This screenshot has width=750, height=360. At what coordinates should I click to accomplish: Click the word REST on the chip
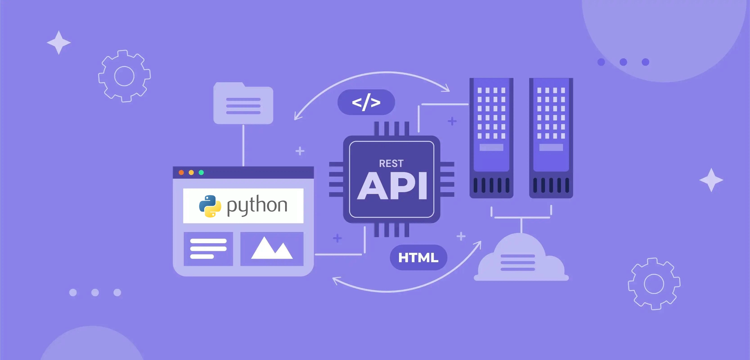391,164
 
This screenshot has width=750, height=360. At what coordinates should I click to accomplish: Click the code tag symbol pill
366,102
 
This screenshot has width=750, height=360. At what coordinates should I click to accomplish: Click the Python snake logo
210,206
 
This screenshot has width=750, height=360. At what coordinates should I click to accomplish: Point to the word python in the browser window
257,205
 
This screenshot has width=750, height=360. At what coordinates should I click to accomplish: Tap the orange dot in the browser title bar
181,173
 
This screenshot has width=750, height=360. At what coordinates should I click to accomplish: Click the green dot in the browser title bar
201,173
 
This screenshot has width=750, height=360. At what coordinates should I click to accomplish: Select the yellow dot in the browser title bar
191,173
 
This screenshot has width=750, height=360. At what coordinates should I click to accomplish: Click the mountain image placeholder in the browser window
272,249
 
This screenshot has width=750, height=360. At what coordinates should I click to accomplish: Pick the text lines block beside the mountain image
208,249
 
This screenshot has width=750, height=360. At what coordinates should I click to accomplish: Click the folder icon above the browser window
243,103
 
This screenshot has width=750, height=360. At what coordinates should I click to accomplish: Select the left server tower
491,138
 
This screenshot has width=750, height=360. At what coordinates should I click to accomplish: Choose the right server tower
551,138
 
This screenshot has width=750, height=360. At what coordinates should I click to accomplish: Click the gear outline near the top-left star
124,76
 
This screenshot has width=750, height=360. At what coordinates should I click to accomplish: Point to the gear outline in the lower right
654,284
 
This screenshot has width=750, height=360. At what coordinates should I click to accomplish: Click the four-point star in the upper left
59,43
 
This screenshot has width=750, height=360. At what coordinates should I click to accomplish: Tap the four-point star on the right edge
711,180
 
